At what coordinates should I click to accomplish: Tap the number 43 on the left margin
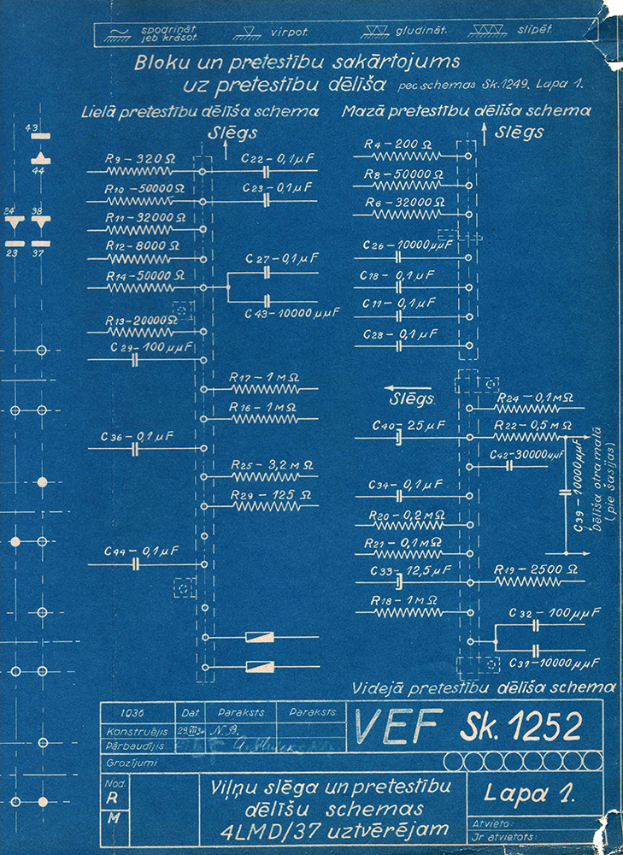click(34, 127)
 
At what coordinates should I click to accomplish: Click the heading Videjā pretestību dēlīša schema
click(485, 687)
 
